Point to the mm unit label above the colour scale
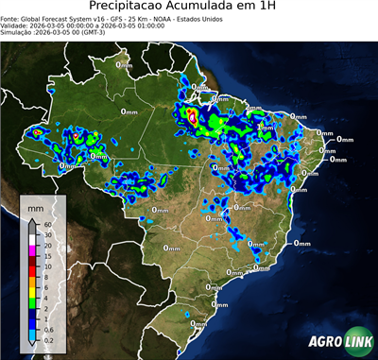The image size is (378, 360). pos(35,205)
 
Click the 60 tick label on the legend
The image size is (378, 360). pos(46,225)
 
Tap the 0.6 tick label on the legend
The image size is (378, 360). pos(47,330)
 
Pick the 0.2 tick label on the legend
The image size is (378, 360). pos(47,338)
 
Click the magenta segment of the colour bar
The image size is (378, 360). pos(32,251)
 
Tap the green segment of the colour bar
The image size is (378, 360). pos(32,304)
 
